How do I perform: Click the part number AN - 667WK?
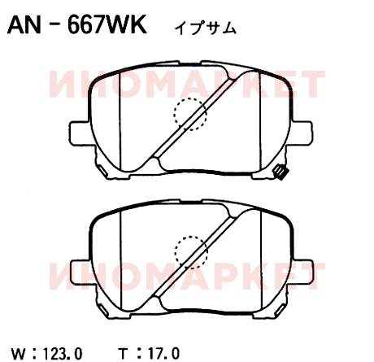click(77, 24)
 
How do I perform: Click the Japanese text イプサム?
click(205, 28)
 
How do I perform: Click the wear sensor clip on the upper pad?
click(280, 172)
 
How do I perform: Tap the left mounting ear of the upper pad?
click(79, 133)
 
